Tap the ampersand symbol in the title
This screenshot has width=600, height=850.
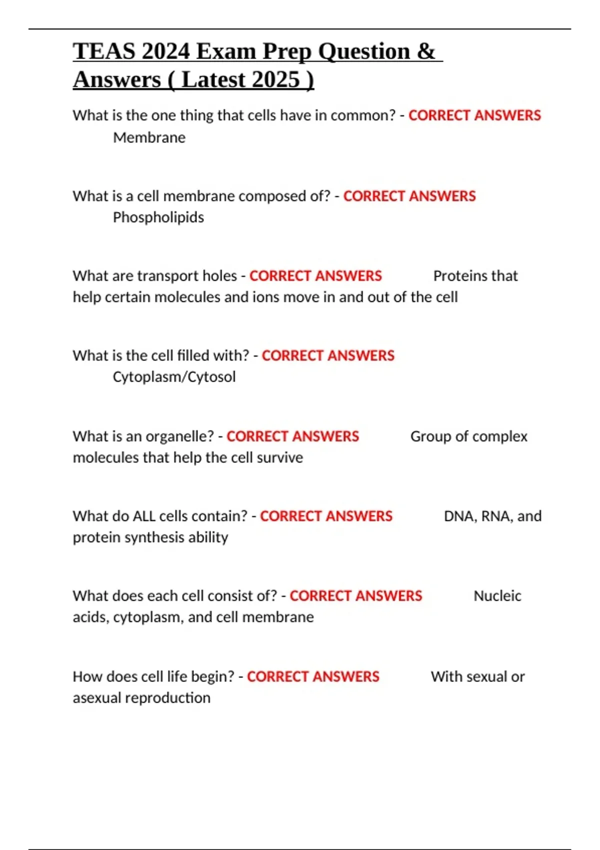tap(426, 51)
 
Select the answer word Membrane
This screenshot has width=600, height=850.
tap(149, 137)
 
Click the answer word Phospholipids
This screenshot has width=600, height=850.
tap(158, 217)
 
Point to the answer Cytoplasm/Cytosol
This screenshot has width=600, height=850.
tap(174, 377)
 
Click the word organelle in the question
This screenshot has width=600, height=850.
tap(179, 436)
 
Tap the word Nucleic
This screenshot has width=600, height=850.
tap(497, 596)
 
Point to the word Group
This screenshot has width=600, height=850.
tap(430, 436)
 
